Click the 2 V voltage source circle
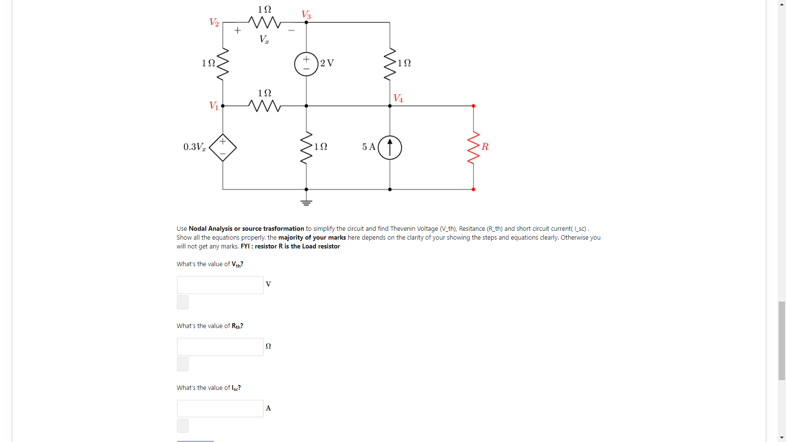306,64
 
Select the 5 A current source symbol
390,147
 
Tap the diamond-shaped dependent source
223,147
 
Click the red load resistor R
473,147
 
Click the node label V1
213,106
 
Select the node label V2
214,22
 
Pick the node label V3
306,15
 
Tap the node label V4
398,98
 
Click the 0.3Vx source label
195,147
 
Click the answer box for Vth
220,285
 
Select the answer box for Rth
220,347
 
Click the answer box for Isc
220,409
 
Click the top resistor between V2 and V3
264,22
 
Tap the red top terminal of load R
473,106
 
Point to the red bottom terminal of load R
473,189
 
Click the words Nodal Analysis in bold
210,228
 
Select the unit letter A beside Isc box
268,408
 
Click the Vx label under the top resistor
264,39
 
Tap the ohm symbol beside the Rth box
268,346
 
